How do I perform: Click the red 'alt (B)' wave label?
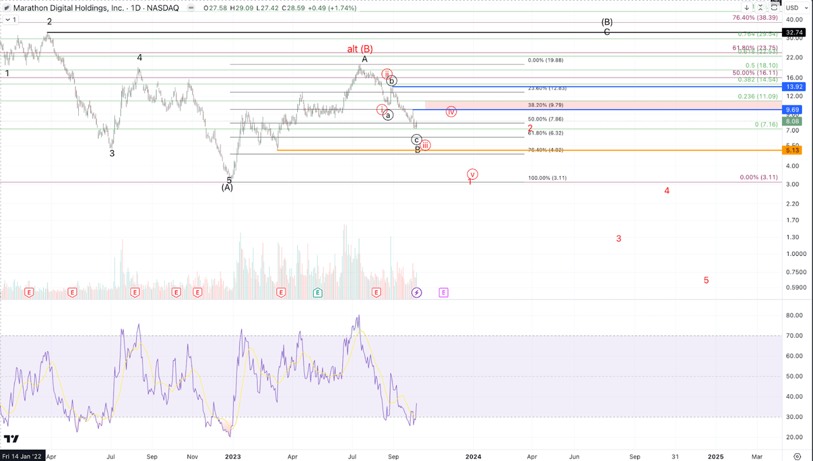[359, 49]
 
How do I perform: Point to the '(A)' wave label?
[227, 187]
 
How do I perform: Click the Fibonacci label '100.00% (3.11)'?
[547, 178]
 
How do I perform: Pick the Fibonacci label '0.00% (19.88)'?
[546, 60]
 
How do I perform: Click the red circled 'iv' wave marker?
[451, 112]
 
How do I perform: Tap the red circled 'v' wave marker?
[472, 174]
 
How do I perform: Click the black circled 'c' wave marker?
[417, 140]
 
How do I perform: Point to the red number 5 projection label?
[706, 280]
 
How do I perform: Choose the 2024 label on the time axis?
[473, 456]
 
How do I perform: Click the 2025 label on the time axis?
[716, 456]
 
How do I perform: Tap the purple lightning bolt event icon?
[417, 293]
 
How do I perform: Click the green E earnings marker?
[318, 293]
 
